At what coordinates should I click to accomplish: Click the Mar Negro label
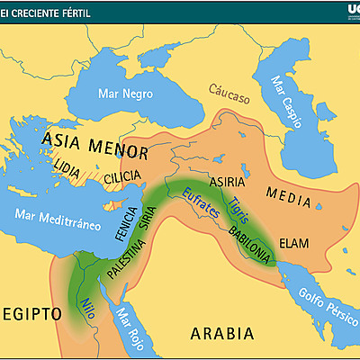(x=126, y=94)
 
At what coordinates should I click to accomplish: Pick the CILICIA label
(x=123, y=177)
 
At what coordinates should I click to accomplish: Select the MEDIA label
(x=291, y=192)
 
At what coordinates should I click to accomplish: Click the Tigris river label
(x=238, y=207)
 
